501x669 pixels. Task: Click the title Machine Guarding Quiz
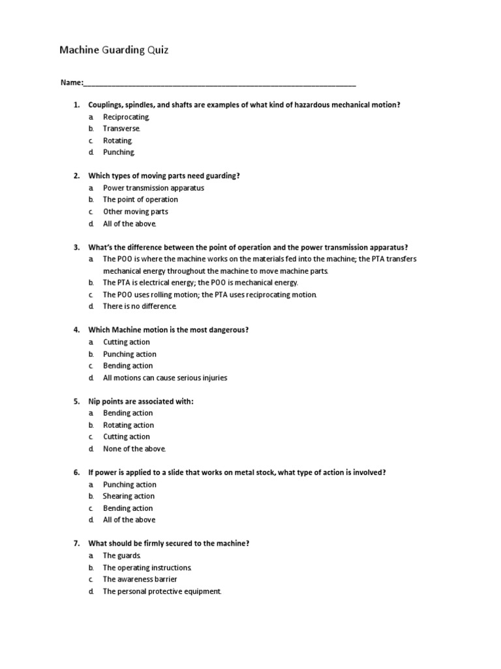114,50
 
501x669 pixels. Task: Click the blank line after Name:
220,84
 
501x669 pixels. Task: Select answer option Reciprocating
126,117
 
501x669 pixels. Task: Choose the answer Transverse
121,129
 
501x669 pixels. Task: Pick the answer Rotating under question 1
118,140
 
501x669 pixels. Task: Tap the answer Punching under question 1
119,152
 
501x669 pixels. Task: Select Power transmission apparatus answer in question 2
153,188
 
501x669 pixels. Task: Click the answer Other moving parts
135,212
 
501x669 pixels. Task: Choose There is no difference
140,306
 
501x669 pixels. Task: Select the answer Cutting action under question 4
126,342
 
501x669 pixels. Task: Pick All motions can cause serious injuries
165,378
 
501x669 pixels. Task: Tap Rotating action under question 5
129,425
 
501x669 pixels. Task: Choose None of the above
134,449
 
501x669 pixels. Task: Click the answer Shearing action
129,497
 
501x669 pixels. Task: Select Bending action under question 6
128,508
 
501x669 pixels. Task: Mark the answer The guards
122,555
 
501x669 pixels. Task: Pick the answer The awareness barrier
140,579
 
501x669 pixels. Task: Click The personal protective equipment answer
162,591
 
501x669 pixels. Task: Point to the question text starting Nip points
141,401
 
